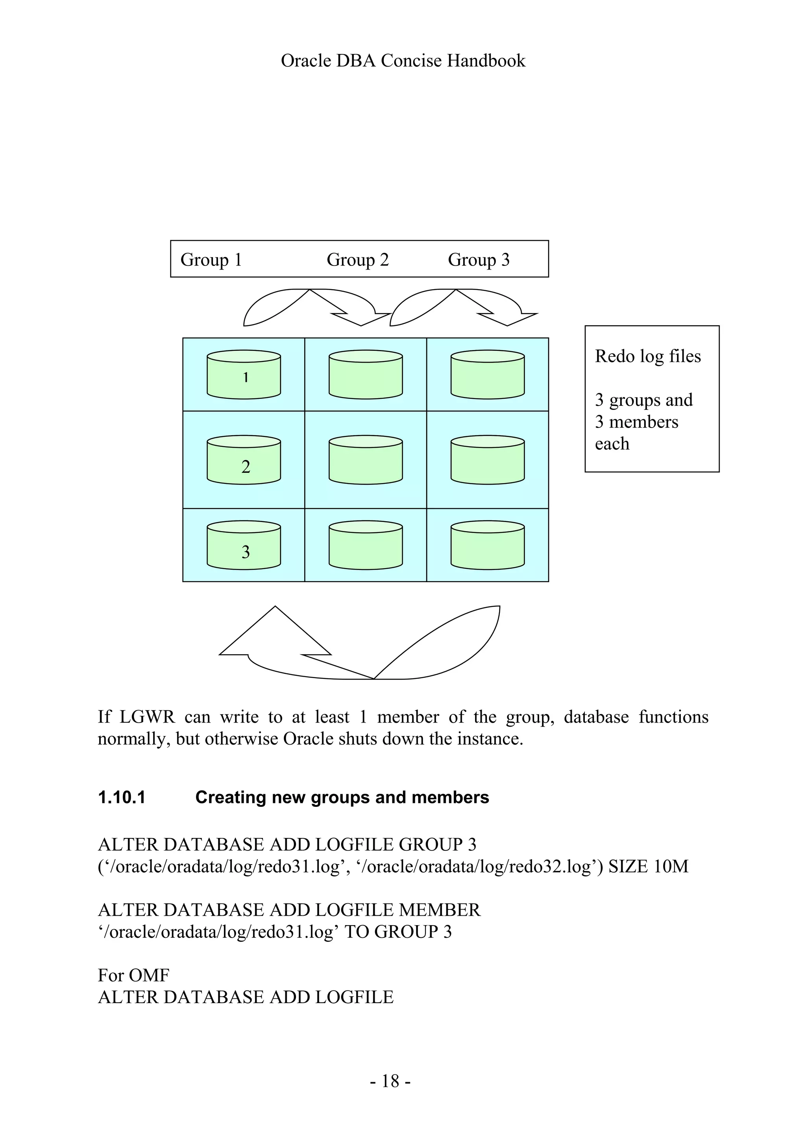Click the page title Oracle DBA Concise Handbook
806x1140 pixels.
tap(403, 61)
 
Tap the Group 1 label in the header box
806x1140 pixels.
tap(211, 260)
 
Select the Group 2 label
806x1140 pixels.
tap(358, 260)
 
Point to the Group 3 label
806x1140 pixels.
tap(479, 260)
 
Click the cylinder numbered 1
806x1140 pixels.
tap(244, 375)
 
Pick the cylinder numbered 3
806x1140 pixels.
tap(244, 546)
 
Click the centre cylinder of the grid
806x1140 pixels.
tap(366, 461)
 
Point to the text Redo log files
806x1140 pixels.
tap(647, 356)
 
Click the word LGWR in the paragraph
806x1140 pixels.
tap(148, 717)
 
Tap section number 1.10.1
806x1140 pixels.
tap(122, 797)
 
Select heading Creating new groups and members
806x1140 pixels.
tap(342, 797)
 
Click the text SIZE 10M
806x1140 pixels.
tap(649, 867)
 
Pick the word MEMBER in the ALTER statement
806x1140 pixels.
tap(440, 910)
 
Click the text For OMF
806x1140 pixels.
tap(133, 975)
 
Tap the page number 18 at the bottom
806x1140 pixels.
tap(390, 1081)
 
